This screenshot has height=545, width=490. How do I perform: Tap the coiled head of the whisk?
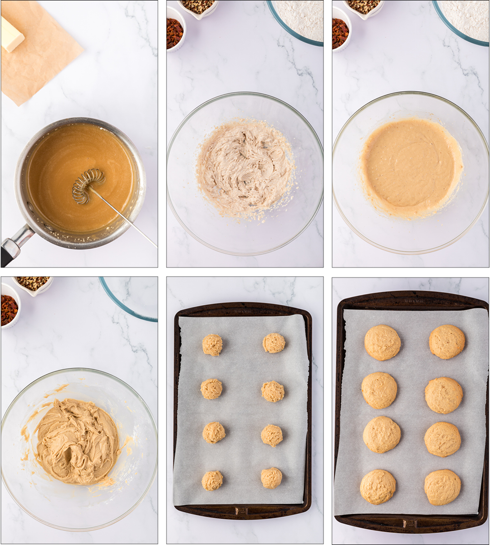coord(88,186)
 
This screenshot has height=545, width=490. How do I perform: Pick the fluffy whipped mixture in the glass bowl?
coord(245,168)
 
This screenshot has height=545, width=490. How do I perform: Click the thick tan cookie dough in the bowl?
coord(77,441)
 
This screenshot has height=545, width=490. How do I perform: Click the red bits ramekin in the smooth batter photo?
coord(340,33)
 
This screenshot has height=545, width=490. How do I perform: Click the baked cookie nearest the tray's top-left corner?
coord(382,342)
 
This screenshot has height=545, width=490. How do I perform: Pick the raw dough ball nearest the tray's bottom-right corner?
coord(271,478)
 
